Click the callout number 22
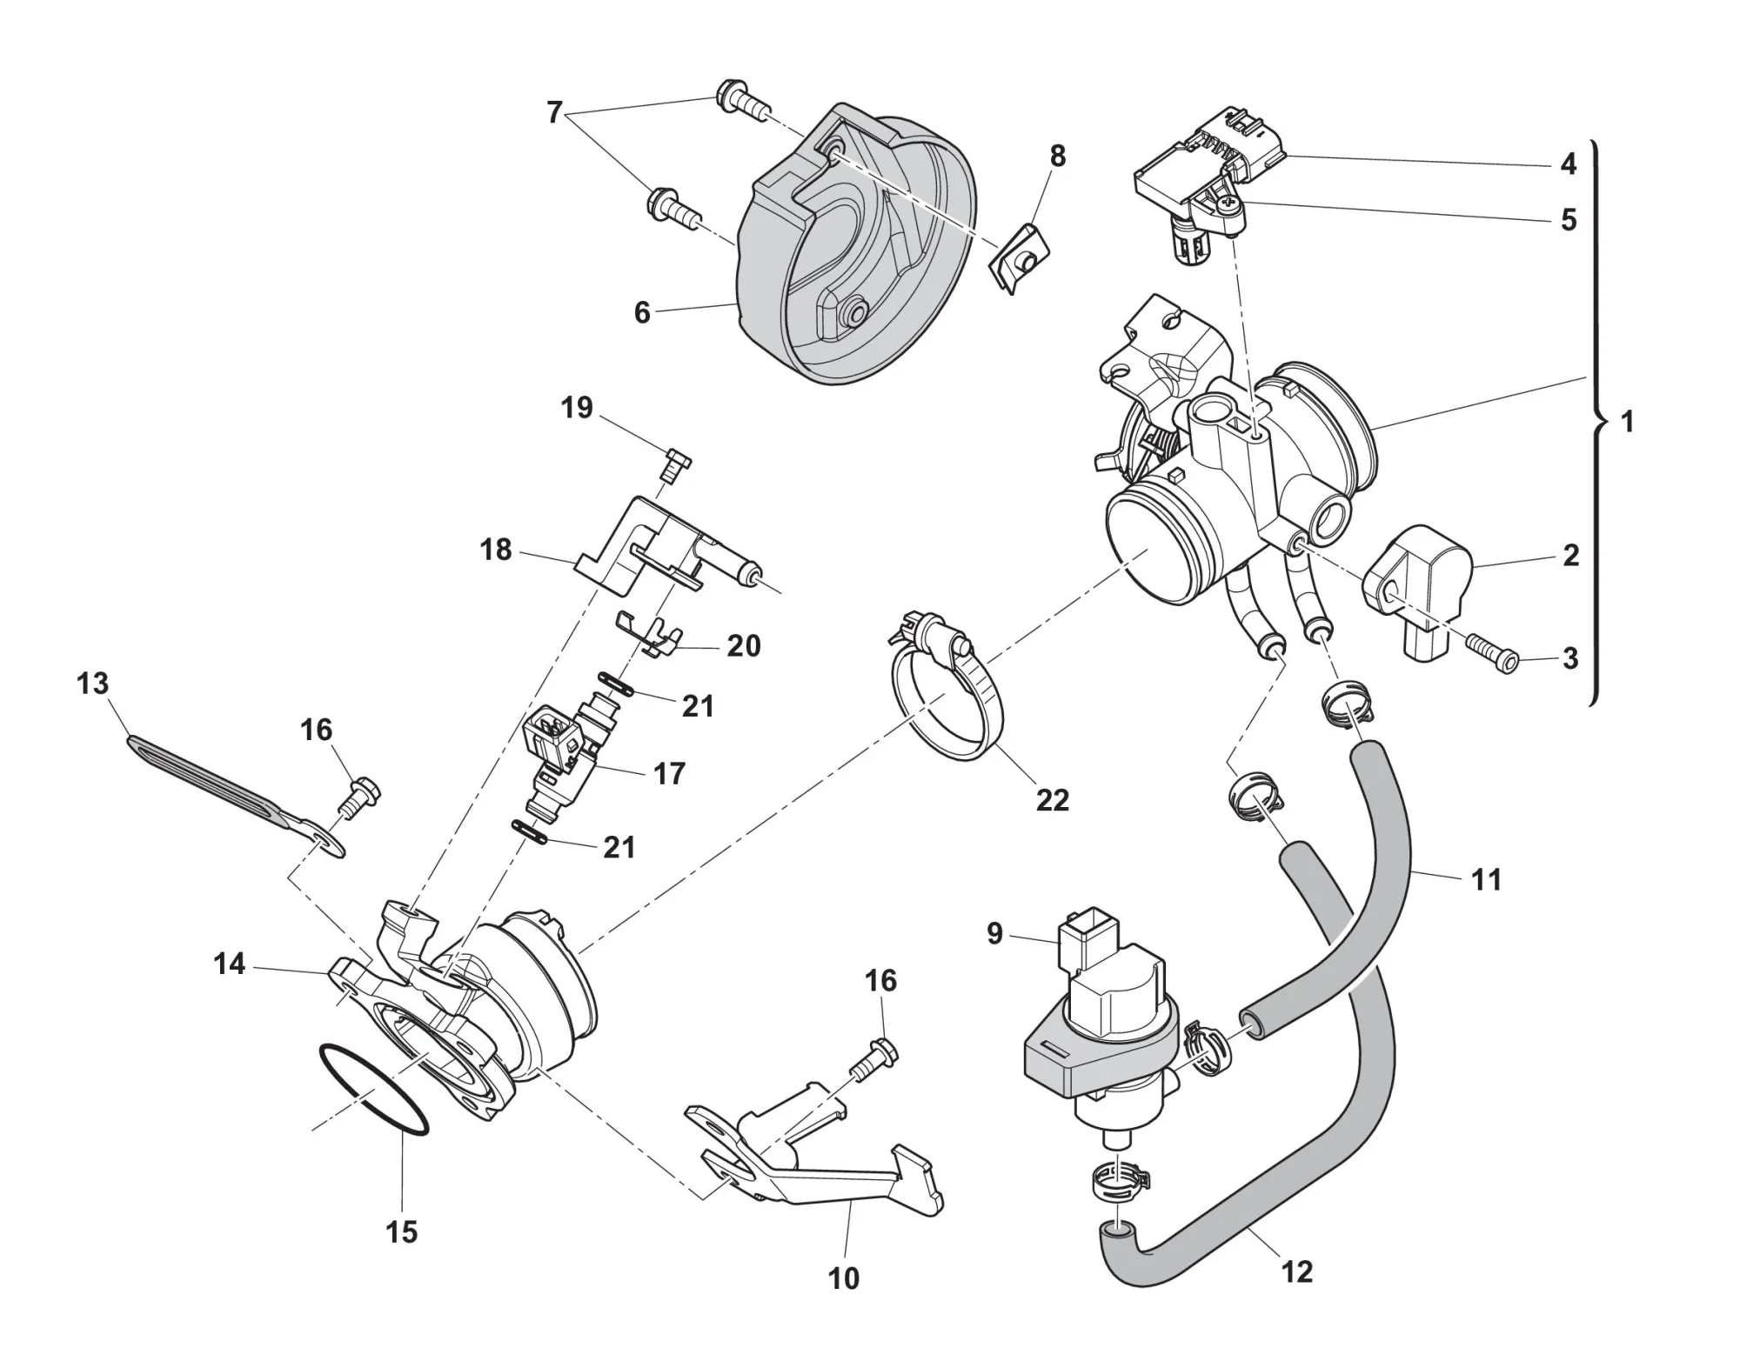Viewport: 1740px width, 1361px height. pos(1052,799)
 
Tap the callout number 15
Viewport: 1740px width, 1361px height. pos(402,1231)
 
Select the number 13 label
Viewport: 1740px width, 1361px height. pos(92,684)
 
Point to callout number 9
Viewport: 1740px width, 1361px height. pos(994,934)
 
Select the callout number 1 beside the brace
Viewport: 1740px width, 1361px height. pos(1627,422)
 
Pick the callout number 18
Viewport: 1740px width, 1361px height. pos(496,550)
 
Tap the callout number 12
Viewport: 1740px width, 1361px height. pos(1296,1271)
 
